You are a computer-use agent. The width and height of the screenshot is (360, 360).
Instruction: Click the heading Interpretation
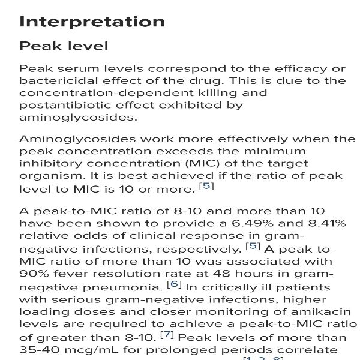(x=92, y=22)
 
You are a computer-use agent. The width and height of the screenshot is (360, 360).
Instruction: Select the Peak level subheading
(x=64, y=46)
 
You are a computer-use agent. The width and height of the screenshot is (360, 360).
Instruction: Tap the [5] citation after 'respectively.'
(x=253, y=245)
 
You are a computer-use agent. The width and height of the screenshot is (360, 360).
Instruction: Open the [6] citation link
(x=174, y=284)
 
